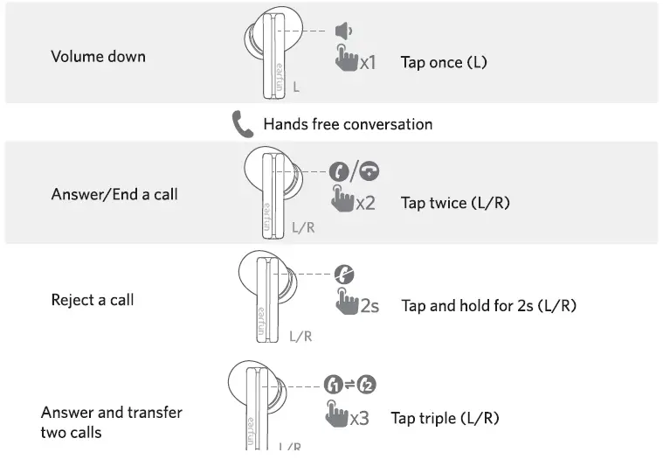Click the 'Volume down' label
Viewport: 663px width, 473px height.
(x=98, y=57)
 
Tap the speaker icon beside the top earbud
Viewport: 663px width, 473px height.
(x=343, y=31)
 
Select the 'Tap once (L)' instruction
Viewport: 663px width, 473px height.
(x=443, y=62)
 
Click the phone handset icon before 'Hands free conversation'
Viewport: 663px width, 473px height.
(x=242, y=124)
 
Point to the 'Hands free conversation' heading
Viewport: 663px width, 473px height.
(x=348, y=124)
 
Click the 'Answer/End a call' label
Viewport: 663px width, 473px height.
(x=114, y=194)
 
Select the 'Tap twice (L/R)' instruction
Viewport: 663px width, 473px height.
(x=455, y=203)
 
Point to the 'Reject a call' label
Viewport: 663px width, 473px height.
(x=93, y=300)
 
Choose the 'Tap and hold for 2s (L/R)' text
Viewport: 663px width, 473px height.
(x=488, y=306)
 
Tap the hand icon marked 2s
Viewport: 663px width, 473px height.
(x=347, y=303)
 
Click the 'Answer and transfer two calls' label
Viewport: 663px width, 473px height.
(x=111, y=422)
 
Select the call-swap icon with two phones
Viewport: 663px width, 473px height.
(x=349, y=385)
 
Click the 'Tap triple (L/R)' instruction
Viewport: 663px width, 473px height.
(x=445, y=418)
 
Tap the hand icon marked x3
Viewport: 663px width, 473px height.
(x=335, y=414)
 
